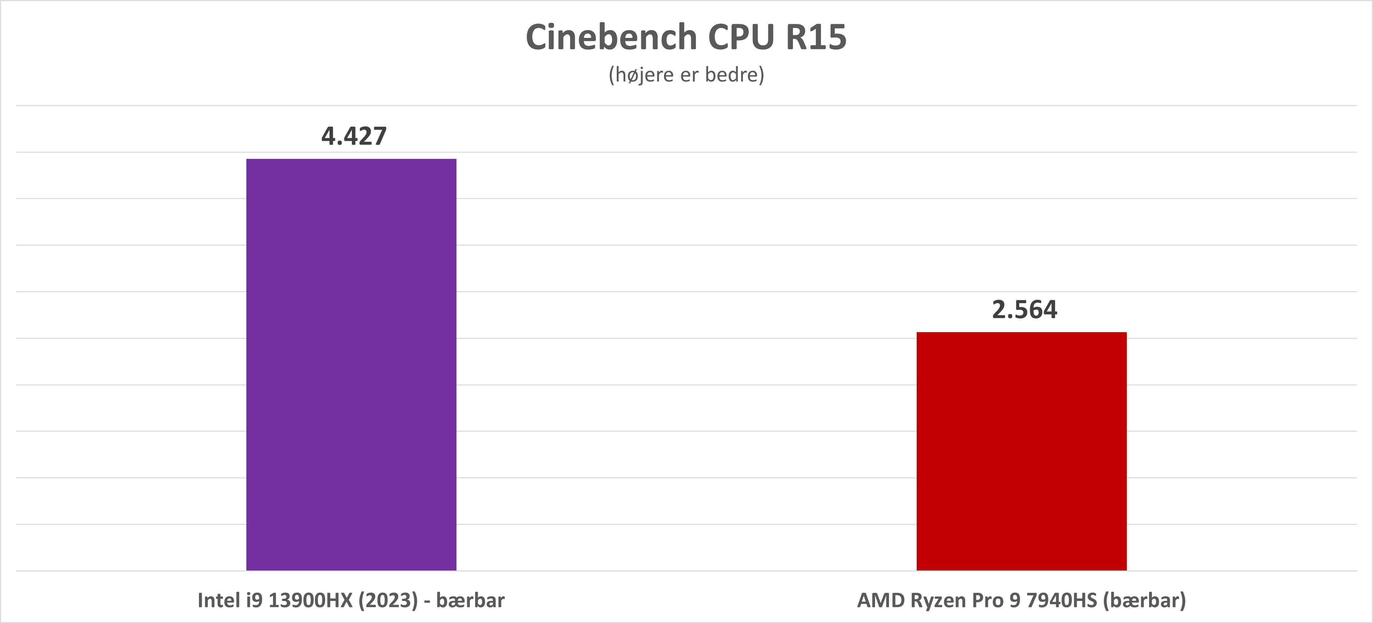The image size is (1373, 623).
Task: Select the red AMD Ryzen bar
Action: pos(1021,451)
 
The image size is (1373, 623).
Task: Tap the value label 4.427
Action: pos(354,136)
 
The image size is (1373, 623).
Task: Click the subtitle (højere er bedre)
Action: pos(686,75)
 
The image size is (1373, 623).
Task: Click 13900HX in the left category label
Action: pos(311,601)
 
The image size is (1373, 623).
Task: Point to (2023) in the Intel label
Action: pos(388,601)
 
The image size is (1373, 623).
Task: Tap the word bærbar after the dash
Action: pos(470,601)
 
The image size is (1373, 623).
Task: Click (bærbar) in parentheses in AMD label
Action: pos(1144,601)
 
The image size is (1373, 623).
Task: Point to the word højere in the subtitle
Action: pos(644,75)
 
